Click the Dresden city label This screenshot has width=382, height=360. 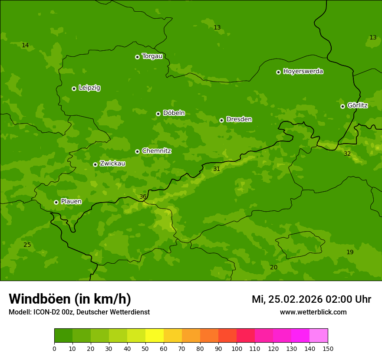tap(239, 119)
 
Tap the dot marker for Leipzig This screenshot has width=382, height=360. tap(74, 88)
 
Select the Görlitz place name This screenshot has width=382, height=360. tap(357, 105)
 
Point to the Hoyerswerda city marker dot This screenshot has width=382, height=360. tap(278, 72)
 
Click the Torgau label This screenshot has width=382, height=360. tap(152, 56)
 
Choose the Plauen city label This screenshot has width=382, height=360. tap(71, 202)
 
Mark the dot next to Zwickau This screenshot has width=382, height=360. tap(95, 164)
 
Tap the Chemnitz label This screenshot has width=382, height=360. tap(156, 151)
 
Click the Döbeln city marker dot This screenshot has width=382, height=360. tap(158, 114)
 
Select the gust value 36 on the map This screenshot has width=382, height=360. tap(143, 197)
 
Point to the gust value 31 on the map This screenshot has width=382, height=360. tap(217, 169)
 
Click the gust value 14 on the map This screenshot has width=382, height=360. tap(25, 46)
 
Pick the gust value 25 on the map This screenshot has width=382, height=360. tap(27, 245)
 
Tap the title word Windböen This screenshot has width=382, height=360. tap(40, 299)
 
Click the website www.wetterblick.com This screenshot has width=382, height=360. tap(313, 312)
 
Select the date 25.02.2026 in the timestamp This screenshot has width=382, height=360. tap(296, 299)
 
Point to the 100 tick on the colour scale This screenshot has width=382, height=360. tap(237, 348)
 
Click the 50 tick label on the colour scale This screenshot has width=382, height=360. tap(145, 348)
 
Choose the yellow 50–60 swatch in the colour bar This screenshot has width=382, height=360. tap(155, 336)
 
